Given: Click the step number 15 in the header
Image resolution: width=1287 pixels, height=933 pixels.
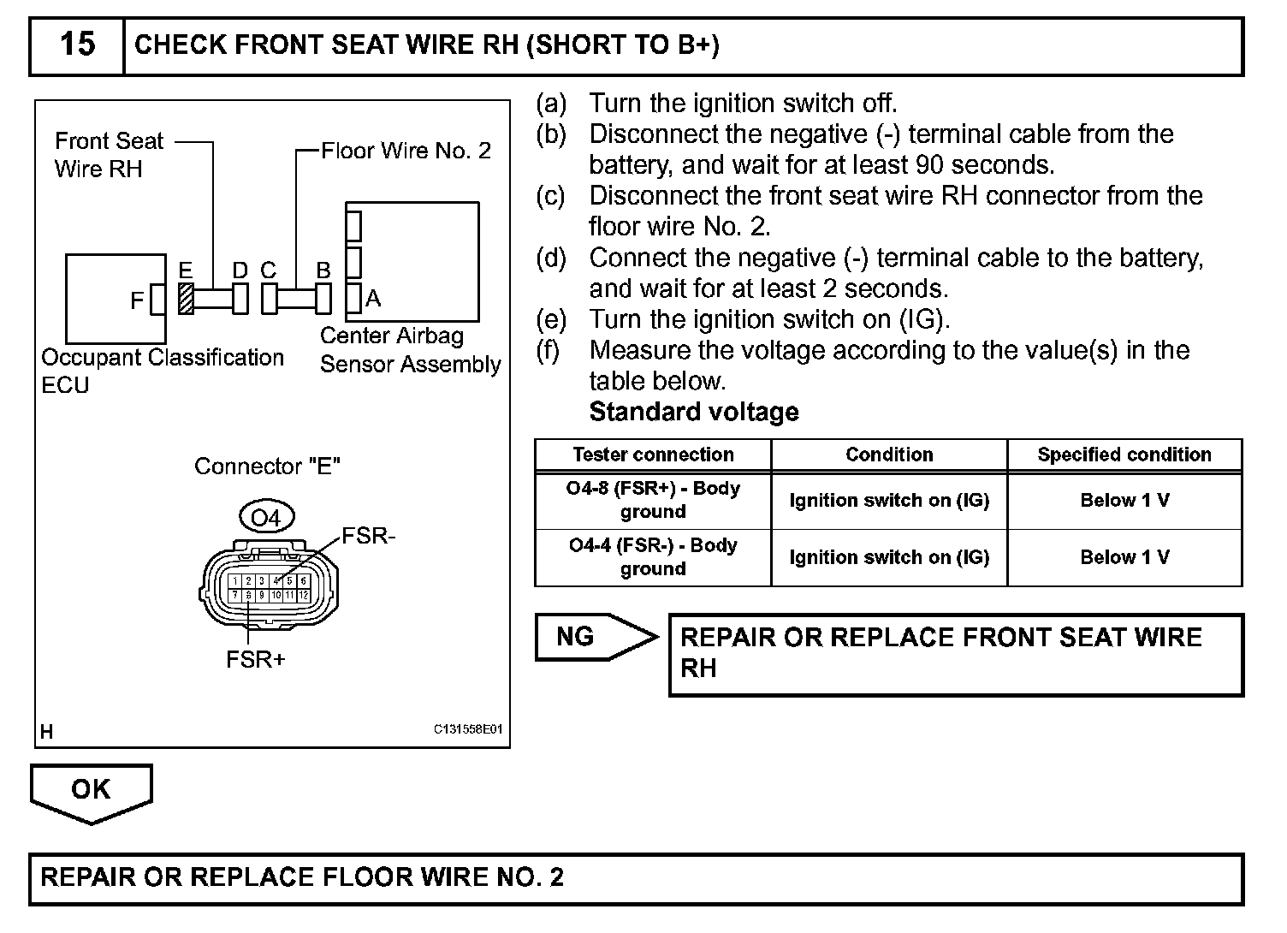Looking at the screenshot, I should (77, 45).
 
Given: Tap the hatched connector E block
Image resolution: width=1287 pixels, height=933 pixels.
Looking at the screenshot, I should (185, 300).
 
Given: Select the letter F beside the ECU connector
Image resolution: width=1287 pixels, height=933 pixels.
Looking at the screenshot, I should (137, 301).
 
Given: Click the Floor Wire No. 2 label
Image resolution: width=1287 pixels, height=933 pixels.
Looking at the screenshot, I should (406, 152).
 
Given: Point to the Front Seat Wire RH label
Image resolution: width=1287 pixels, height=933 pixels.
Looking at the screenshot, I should (109, 155).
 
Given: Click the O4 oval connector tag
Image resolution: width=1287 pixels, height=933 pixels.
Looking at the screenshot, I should (266, 518).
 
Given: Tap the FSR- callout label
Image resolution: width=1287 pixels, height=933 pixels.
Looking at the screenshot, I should (368, 537).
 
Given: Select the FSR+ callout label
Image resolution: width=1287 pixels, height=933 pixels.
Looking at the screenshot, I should (255, 660).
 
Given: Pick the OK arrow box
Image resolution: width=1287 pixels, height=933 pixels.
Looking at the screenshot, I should (91, 789).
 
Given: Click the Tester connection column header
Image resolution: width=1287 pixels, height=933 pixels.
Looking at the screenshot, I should (653, 455).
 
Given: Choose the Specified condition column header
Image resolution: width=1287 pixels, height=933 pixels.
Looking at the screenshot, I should (1124, 455).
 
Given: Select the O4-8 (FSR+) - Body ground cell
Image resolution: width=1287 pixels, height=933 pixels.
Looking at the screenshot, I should (653, 500).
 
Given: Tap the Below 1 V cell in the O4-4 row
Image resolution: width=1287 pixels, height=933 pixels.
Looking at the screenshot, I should (1124, 557).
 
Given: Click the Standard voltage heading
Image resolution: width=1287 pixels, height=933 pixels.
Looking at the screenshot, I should (694, 412).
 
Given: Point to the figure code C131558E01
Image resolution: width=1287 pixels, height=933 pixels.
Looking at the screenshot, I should (468, 730).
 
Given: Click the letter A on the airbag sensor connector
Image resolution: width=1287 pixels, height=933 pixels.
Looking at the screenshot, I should (373, 299).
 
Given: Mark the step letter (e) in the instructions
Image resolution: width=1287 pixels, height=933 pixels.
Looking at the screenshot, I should (551, 320).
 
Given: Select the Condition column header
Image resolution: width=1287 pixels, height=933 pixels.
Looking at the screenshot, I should (889, 455).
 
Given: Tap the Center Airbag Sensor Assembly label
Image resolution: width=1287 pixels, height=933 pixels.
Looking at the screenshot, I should (410, 350).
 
